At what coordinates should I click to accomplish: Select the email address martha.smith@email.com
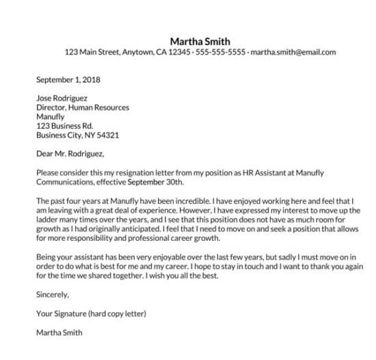pyautogui.click(x=294, y=52)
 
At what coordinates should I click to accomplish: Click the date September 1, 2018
pyautogui.click(x=68, y=79)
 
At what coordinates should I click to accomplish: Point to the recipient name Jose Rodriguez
pyautogui.click(x=62, y=98)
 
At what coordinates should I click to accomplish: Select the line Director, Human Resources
pyautogui.click(x=82, y=107)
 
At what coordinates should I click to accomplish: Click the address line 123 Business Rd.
pyautogui.click(x=64, y=125)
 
